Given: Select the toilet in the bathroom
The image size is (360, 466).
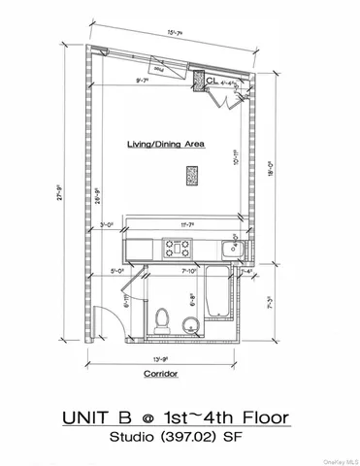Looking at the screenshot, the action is click(163, 316).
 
